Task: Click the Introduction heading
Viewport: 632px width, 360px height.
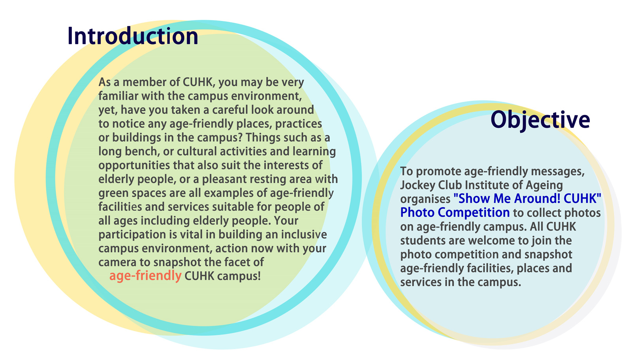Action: (x=133, y=36)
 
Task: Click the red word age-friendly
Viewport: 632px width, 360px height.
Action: (x=145, y=276)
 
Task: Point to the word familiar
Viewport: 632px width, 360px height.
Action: (x=118, y=96)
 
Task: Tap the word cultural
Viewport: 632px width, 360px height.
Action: (x=197, y=152)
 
